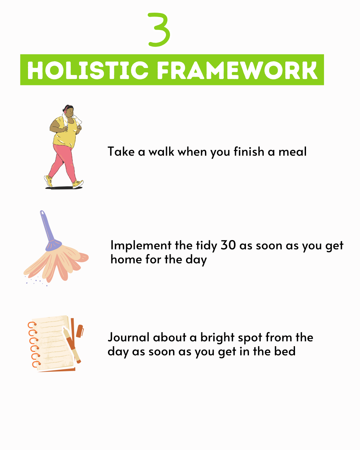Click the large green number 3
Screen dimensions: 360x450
(159, 29)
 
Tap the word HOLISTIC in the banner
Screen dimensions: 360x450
(88, 70)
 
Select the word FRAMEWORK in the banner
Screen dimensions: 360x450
(237, 70)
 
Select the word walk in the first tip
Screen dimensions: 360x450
(161, 151)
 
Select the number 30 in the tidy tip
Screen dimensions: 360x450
(228, 245)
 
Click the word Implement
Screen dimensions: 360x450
(141, 245)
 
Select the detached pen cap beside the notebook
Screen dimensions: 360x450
(80, 331)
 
